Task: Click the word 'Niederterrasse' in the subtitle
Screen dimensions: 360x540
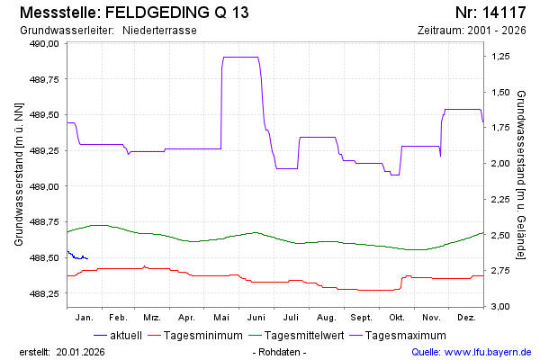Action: tap(159, 31)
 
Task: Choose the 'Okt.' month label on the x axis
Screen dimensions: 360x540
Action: tap(397, 318)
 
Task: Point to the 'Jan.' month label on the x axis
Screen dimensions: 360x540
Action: tap(84, 318)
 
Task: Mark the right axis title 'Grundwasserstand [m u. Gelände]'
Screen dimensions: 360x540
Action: tap(523, 174)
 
